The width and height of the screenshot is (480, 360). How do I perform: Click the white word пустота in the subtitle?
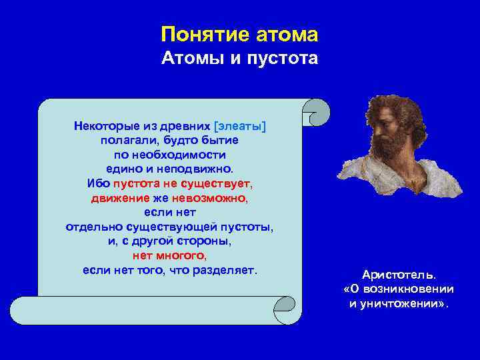(284, 59)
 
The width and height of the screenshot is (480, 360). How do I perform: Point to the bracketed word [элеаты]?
(240, 126)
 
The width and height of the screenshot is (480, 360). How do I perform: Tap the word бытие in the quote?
(217, 141)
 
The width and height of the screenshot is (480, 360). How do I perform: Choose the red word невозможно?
(209, 198)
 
